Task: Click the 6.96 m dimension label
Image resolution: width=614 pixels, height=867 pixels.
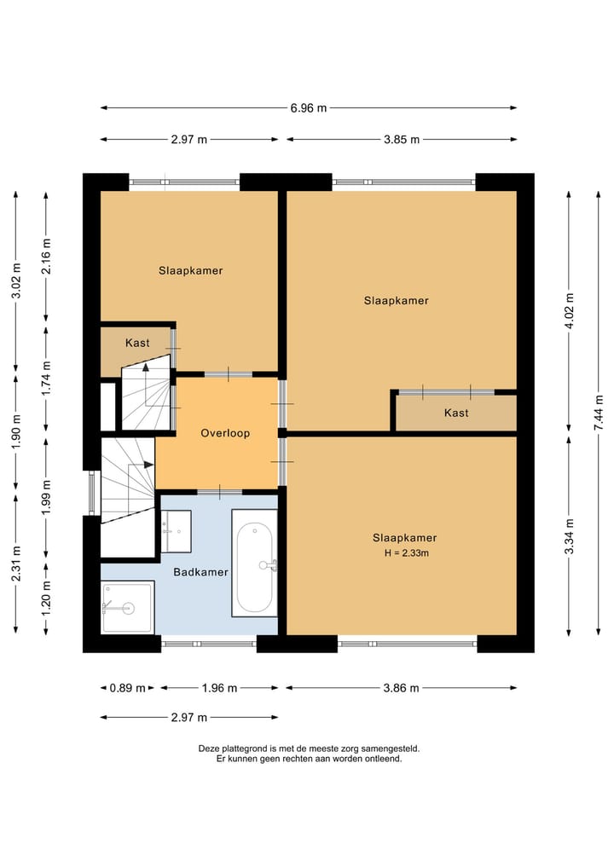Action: (309, 107)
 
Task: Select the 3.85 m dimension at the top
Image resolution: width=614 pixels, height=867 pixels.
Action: (402, 139)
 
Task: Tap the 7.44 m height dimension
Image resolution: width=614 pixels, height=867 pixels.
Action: (599, 413)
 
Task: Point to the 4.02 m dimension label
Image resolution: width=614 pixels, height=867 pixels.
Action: (569, 311)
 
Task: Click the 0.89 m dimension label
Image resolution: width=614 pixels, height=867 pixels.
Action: (127, 688)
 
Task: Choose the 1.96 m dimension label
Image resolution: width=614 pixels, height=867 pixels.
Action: (219, 688)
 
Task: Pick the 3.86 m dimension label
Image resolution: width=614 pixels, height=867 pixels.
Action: (401, 688)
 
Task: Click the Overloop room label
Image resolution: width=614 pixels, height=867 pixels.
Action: (225, 433)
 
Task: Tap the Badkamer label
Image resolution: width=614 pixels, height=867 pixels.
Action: (200, 572)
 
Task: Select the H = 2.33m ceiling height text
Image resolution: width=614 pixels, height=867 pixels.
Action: (407, 552)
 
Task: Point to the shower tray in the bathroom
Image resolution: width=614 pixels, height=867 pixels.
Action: (128, 607)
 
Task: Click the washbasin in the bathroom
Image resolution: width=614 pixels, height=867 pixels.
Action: (177, 531)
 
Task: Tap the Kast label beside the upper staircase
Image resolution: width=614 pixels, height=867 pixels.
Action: (137, 343)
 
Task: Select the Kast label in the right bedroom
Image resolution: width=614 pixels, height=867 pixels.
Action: (456, 413)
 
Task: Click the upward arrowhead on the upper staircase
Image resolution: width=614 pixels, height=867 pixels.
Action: (146, 366)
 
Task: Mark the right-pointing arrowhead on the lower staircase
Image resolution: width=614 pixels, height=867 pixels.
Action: (148, 465)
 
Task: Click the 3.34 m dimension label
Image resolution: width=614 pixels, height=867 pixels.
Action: (569, 535)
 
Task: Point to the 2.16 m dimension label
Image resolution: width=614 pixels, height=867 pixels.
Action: (45, 256)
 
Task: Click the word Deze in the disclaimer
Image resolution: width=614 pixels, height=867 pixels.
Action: (209, 749)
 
